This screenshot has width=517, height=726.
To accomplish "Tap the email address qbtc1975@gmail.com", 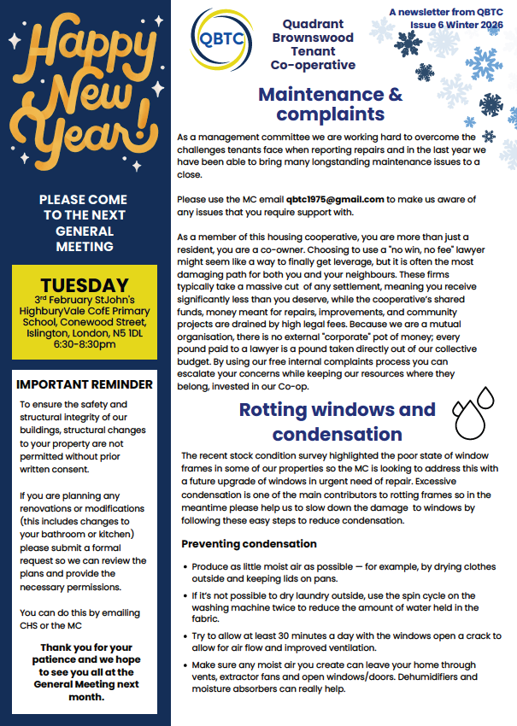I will pyautogui.click(x=336, y=199).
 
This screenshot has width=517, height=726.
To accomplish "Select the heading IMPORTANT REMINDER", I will pyautogui.click(x=85, y=384).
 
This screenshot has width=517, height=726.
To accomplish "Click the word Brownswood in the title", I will pyautogui.click(x=313, y=38).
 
